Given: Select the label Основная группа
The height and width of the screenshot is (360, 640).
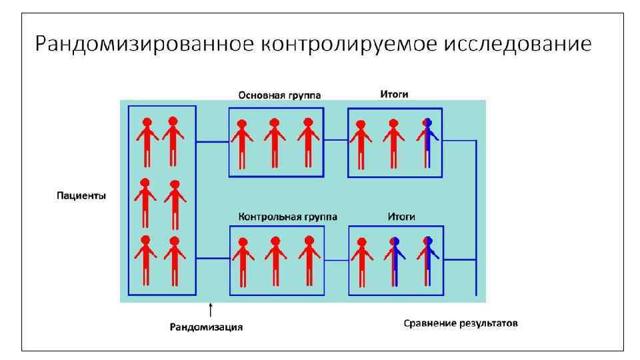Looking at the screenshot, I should click(280, 95).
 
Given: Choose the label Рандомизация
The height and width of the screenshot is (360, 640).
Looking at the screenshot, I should click(206, 327).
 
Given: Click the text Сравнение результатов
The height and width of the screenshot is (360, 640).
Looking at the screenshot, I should click(461, 324).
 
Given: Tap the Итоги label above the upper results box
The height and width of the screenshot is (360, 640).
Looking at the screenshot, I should click(394, 95).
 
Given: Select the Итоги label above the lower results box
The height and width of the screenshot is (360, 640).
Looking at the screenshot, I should click(401, 217).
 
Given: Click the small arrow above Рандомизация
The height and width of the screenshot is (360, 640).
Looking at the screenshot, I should click(211, 309).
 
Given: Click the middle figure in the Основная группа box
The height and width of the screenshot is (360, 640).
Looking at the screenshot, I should click(275, 141).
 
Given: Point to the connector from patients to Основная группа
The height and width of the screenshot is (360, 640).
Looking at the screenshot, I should click(212, 141).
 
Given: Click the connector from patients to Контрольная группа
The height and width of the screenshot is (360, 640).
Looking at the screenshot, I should click(213, 258).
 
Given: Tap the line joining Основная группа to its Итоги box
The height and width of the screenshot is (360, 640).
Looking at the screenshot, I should click(335, 141).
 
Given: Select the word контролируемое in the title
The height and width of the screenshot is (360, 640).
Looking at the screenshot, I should click(345, 45).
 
